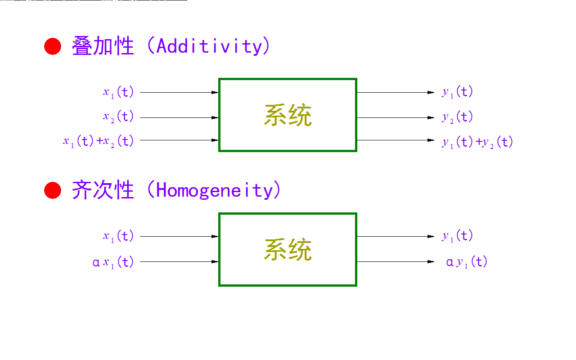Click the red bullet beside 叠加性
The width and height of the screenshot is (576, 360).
tap(53, 46)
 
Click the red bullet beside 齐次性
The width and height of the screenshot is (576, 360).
tap(53, 191)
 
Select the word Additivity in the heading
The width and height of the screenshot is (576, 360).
tap(209, 46)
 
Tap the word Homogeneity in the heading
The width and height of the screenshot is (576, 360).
tap(214, 191)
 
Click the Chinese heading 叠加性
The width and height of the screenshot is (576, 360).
tap(103, 46)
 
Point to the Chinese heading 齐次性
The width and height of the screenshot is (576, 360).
tap(103, 191)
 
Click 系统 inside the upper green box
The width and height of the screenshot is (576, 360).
tap(288, 115)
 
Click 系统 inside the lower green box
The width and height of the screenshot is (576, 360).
tap(288, 250)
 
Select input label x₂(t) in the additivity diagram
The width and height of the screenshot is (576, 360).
tap(118, 117)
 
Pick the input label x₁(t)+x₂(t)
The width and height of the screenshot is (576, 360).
tap(99, 141)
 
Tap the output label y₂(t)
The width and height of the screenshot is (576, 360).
tap(457, 117)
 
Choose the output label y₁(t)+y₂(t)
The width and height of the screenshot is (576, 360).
tap(477, 142)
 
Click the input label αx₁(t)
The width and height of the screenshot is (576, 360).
tap(113, 262)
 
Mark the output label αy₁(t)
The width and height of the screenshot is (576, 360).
tap(467, 262)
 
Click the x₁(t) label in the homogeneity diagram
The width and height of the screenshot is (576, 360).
tap(118, 236)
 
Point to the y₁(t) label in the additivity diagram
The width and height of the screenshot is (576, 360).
tap(457, 93)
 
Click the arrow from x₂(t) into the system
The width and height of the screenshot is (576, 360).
tap(179, 117)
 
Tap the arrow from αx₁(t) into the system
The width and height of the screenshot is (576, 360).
tap(179, 261)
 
